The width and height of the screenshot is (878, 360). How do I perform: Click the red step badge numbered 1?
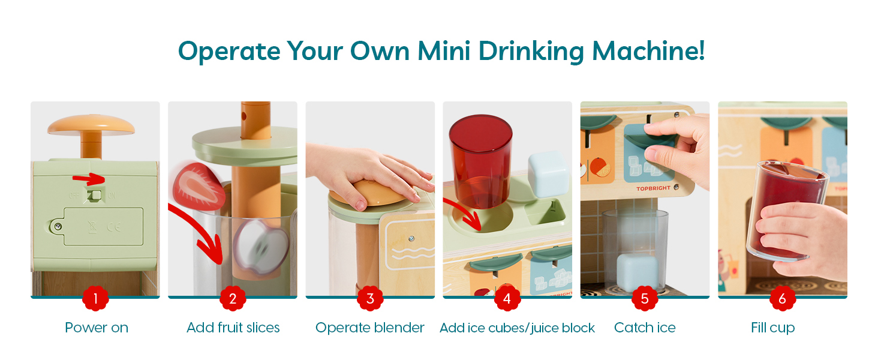[95, 298]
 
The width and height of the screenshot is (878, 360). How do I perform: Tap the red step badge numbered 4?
[507, 298]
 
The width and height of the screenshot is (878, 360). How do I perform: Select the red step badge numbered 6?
[783, 298]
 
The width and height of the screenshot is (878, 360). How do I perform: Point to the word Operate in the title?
[229, 52]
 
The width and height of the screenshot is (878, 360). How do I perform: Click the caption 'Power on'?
[97, 328]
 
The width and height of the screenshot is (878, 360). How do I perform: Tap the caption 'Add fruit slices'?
[233, 328]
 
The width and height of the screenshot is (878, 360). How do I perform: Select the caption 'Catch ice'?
[645, 328]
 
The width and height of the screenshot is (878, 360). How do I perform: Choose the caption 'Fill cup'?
[772, 328]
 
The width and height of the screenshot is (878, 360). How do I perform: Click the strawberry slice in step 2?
[199, 187]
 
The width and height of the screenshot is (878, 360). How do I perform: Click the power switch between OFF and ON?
[95, 195]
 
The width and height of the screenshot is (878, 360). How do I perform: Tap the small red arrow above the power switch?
[89, 179]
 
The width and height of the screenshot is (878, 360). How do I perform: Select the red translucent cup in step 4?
[480, 161]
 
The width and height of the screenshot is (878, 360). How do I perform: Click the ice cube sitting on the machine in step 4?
[548, 175]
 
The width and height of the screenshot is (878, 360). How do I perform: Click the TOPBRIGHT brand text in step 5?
[653, 188]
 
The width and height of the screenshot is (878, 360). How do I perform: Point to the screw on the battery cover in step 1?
[58, 226]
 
